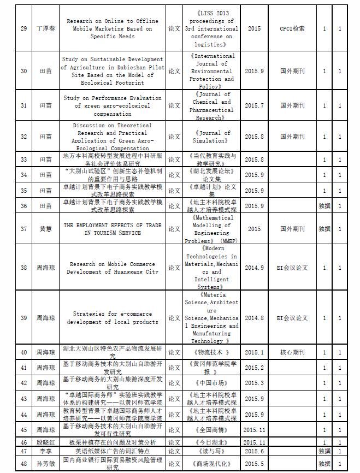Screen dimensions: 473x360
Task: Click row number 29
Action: coord(23,29)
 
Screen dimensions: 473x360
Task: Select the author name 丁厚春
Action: coord(46,29)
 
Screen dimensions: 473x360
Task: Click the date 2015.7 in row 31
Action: coord(254,105)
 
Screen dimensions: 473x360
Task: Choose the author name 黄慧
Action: coord(46,229)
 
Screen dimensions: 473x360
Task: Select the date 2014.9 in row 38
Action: coord(254,268)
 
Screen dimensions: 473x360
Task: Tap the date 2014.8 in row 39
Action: coord(254,318)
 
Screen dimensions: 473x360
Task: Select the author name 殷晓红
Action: coord(46,442)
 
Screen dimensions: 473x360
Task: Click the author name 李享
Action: coord(46,451)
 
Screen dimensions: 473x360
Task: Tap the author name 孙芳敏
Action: coord(46,464)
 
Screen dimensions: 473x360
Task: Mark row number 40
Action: coord(23,352)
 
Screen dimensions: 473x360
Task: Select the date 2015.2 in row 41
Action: coord(254,368)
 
